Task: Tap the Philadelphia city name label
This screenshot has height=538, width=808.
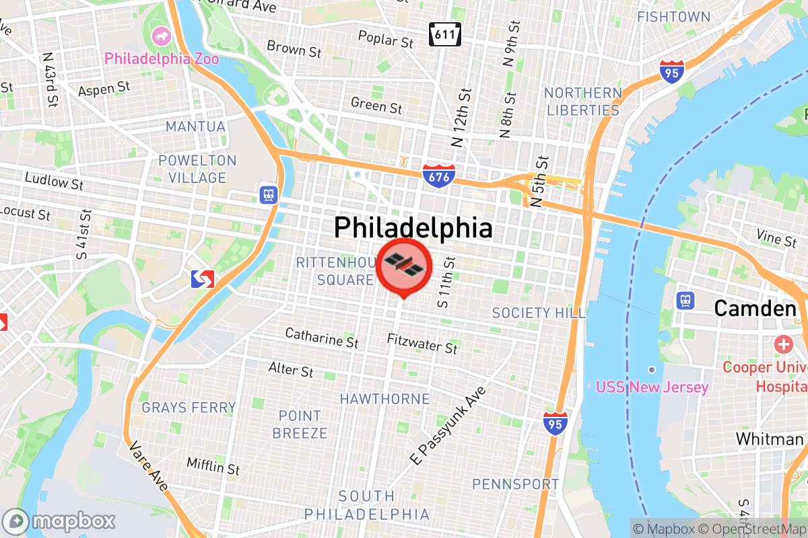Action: pos(413,228)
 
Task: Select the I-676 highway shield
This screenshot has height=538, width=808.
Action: pos(439,176)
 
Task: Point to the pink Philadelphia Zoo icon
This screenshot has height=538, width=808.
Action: pos(162,35)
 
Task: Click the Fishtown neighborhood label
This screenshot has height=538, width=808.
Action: pos(673,17)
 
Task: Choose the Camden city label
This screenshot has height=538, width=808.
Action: pos(755,309)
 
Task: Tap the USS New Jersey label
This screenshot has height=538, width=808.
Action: pos(652,387)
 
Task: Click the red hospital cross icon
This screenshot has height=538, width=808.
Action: pos(784,346)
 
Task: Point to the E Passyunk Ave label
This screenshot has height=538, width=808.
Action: pos(448,426)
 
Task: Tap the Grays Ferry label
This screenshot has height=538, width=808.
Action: pos(189,408)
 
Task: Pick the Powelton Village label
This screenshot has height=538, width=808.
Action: pos(197,169)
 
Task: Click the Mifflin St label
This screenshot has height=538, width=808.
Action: pos(213,465)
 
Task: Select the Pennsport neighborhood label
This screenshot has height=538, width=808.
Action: pos(515,484)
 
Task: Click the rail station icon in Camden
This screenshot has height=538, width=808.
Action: pos(686,300)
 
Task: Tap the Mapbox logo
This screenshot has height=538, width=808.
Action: pos(59,521)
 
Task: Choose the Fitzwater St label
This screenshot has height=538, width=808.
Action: pos(422,344)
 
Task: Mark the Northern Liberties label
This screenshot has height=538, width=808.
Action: pos(582,101)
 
